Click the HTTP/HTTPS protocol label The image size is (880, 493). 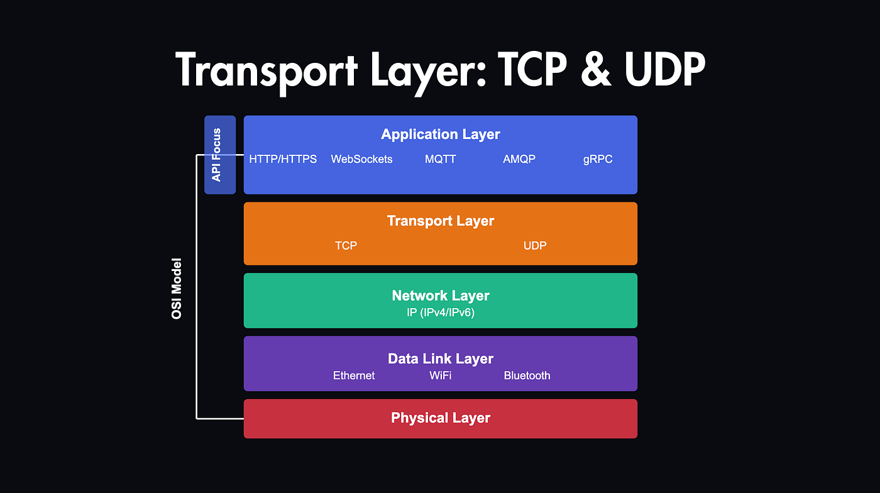(283, 159)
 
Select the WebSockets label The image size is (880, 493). (361, 159)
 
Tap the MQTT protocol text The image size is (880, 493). (440, 159)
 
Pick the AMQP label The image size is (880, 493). (519, 159)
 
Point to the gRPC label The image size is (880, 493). (598, 159)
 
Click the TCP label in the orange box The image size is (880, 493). (346, 245)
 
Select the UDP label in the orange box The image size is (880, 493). (535, 245)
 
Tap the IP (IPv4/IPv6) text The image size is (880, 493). (440, 312)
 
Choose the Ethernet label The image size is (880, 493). (354, 375)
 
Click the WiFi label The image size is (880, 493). (440, 375)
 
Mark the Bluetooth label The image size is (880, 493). (527, 375)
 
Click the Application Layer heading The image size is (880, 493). (440, 134)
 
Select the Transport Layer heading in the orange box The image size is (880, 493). (440, 221)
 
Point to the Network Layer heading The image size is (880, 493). (440, 296)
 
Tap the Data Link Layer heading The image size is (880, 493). (440, 358)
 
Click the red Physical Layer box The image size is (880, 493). (440, 418)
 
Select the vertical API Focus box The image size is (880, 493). (219, 155)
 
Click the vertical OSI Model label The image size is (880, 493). (177, 288)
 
